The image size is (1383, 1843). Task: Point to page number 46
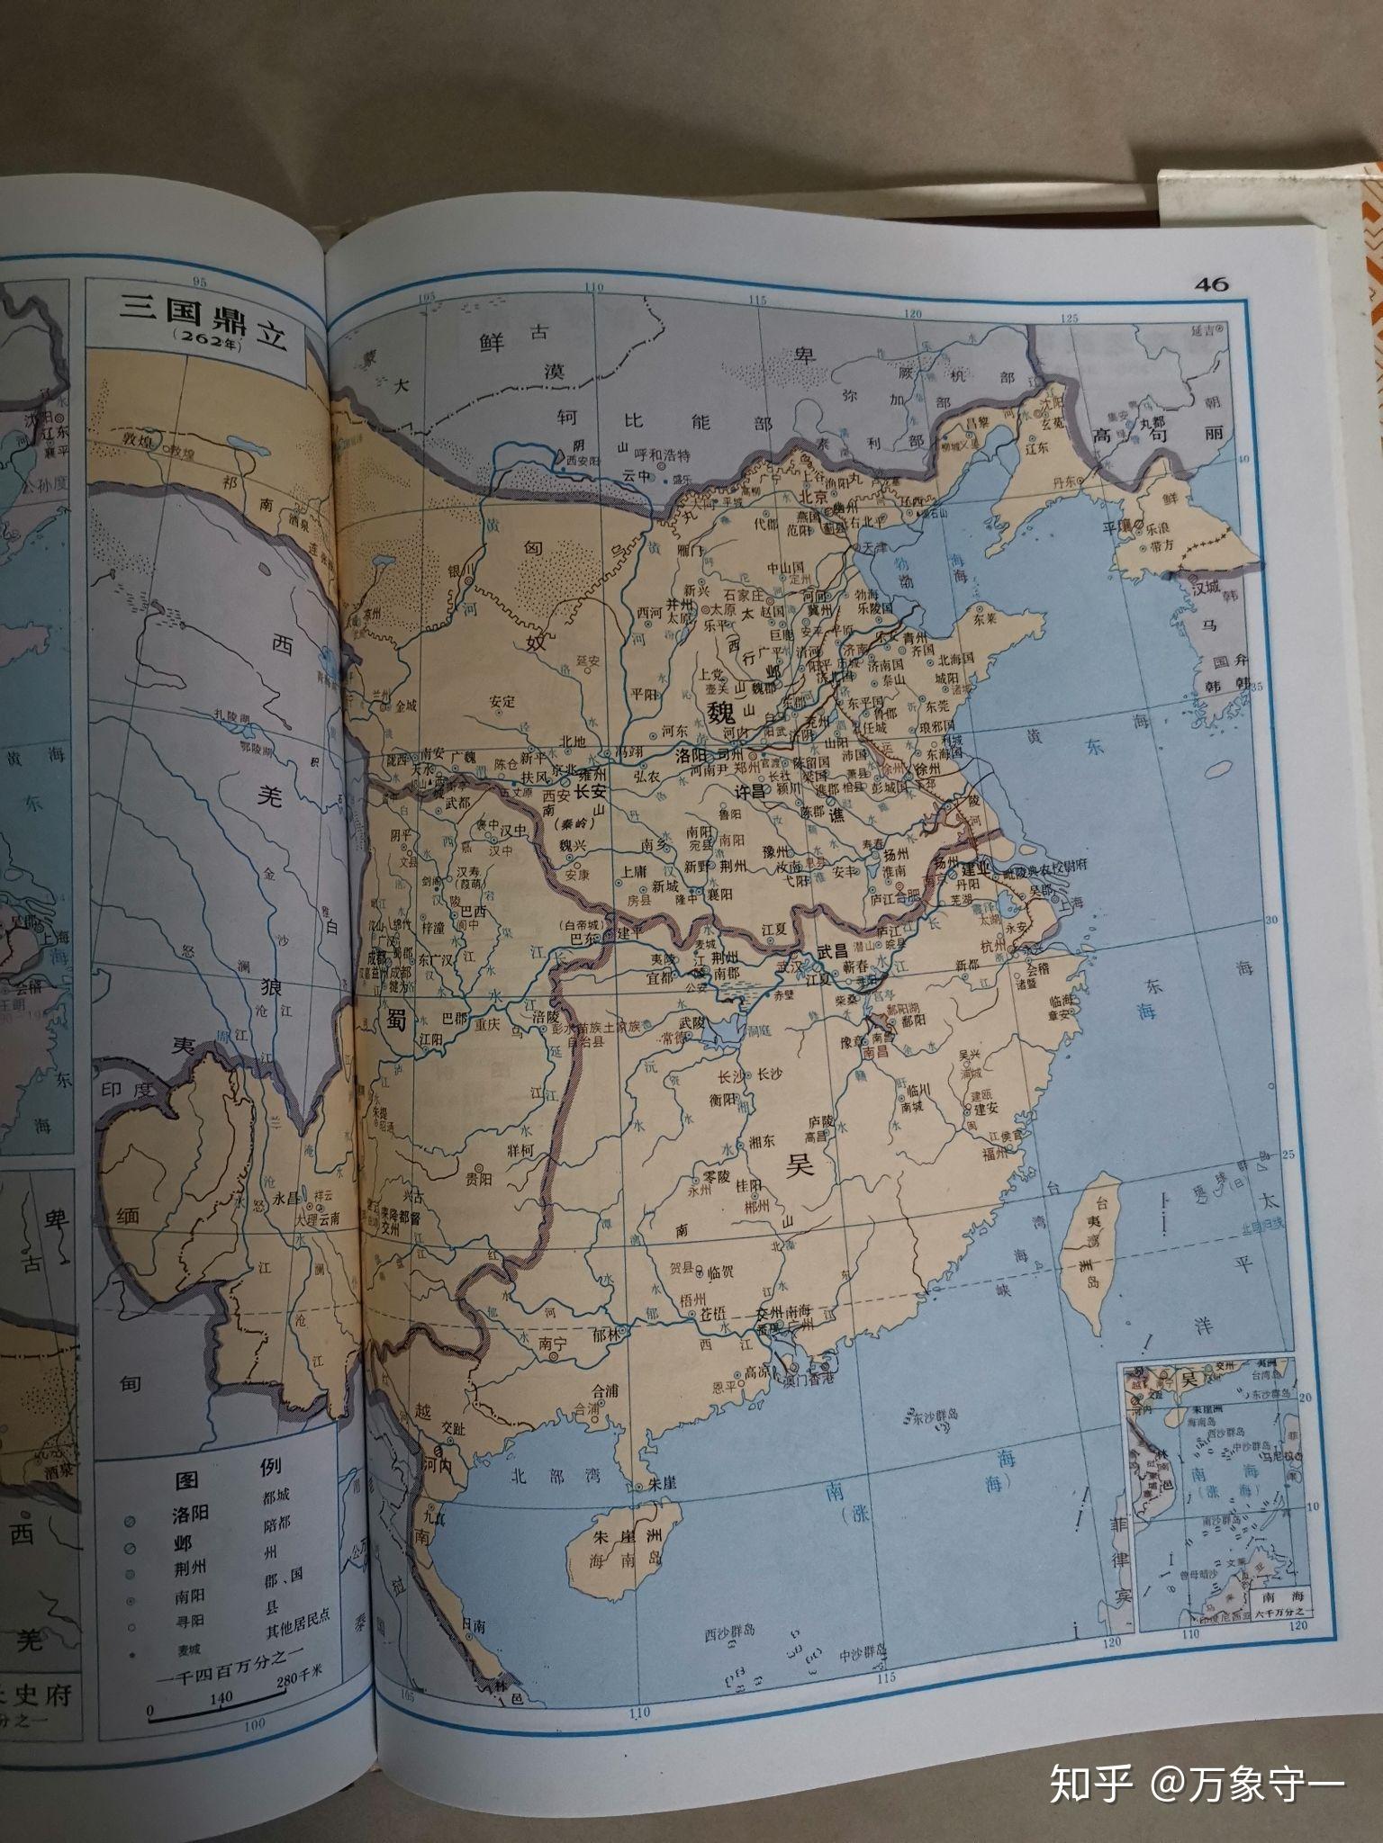coord(1211,284)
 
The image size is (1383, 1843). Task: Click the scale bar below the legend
coord(212,1715)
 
